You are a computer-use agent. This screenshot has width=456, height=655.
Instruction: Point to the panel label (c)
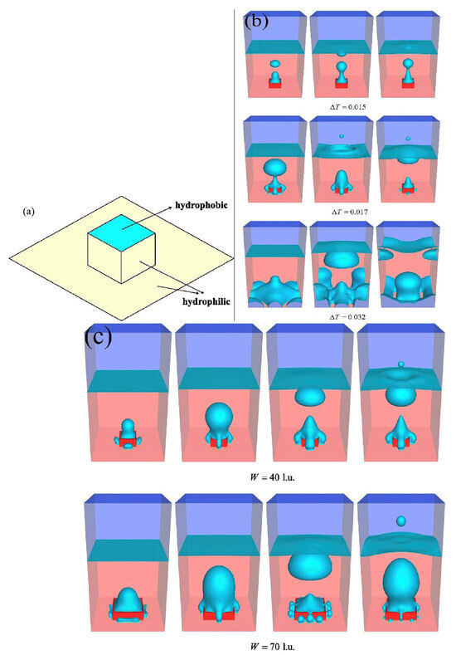pyautogui.click(x=101, y=336)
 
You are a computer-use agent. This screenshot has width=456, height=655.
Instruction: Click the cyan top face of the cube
pyautogui.click(x=121, y=235)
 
